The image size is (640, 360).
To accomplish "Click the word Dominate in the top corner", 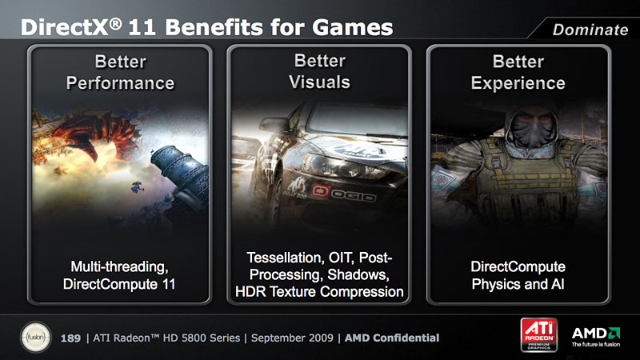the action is pos(590,30).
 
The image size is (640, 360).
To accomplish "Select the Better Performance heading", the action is pos(121,72).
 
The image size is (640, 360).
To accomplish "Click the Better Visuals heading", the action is pos(319,71).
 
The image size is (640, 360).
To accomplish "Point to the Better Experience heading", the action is pos(518,72).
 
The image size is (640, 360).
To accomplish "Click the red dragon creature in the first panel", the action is pos(98,134).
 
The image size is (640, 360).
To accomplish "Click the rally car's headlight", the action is pos(343,166).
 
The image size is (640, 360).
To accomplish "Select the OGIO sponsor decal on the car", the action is pos(344,194).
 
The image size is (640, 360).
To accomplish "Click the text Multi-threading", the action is pos(119,267).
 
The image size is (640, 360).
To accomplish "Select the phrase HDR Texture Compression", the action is pos(319,292).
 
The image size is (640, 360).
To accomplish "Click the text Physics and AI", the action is pos(518,284).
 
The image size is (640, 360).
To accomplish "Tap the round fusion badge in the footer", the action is pos(36,338).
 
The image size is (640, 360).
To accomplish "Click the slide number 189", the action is pos(70,338).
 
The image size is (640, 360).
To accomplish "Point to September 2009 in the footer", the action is pos(292,338).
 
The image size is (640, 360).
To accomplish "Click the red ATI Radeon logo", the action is pos(538,334).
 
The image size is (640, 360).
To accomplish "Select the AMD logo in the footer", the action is pos(596,337).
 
